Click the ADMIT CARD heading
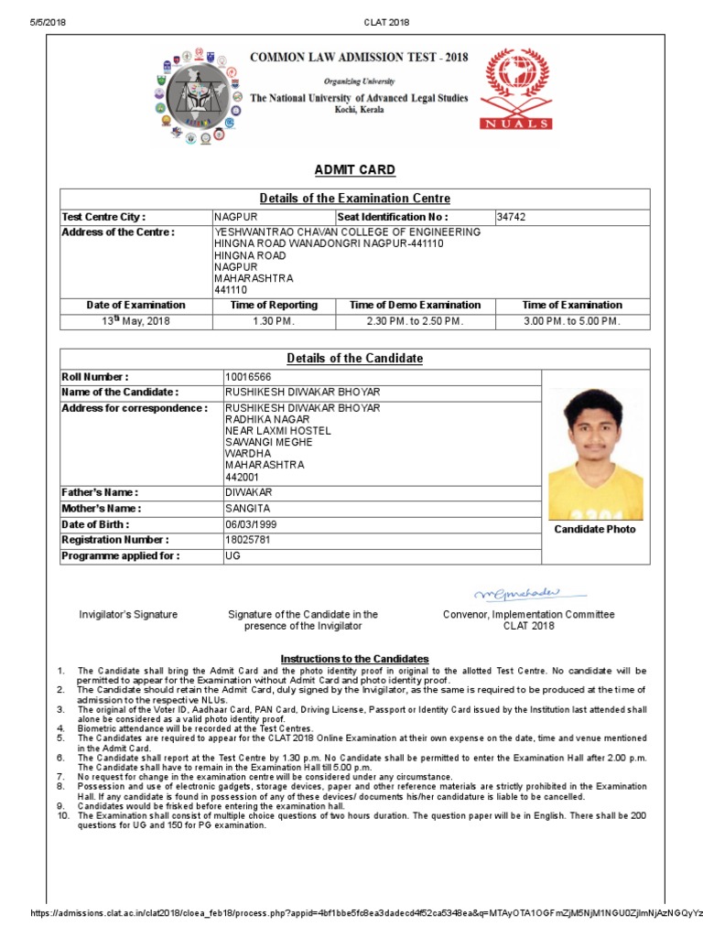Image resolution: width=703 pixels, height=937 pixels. pyautogui.click(x=354, y=170)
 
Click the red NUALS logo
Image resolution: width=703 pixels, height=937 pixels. pyautogui.click(x=517, y=89)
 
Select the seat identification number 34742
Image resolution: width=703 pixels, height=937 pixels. pyautogui.click(x=511, y=217)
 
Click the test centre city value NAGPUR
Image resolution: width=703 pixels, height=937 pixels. pyautogui.click(x=236, y=217)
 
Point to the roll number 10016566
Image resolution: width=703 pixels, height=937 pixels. pyautogui.click(x=247, y=377)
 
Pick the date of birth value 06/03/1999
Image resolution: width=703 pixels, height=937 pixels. pyautogui.click(x=251, y=524)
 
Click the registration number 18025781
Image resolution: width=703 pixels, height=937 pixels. pyautogui.click(x=247, y=540)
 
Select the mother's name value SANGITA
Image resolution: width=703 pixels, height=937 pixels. pyautogui.click(x=246, y=508)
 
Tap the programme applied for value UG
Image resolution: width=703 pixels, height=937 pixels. pyautogui.click(x=233, y=555)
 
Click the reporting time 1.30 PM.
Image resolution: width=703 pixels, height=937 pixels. pyautogui.click(x=273, y=321)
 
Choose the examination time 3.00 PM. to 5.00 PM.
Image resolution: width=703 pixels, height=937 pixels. pyautogui.click(x=572, y=321)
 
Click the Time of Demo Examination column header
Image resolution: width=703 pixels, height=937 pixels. pyautogui.click(x=416, y=305)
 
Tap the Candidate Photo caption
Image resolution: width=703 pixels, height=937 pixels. pyautogui.click(x=594, y=530)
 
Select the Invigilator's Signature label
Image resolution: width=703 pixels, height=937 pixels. pyautogui.click(x=128, y=615)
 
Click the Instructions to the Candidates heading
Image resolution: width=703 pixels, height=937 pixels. pyautogui.click(x=354, y=659)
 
